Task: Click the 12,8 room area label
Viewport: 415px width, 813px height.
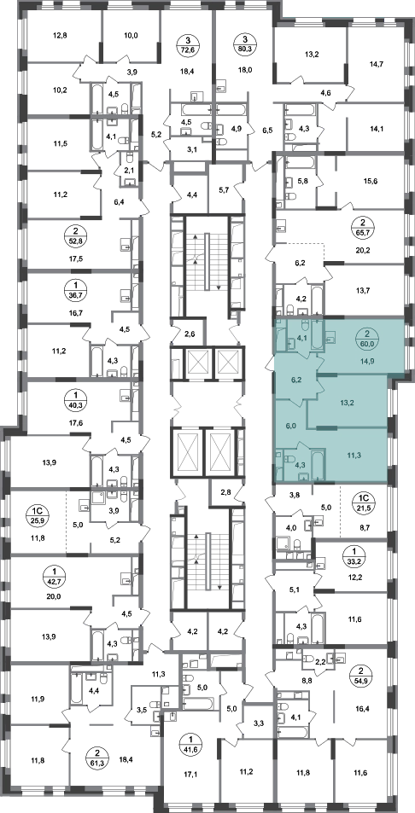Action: coord(61,37)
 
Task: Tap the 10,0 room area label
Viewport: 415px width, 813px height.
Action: coord(131,37)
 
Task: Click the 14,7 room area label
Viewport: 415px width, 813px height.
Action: coord(375,64)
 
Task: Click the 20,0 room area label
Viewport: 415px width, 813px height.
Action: coord(54,596)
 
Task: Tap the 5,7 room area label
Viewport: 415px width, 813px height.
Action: coord(225,190)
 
